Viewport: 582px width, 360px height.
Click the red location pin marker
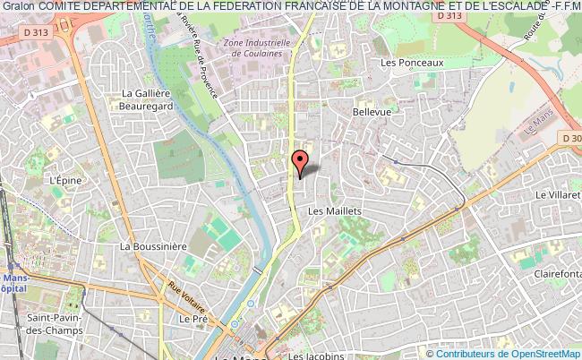(301, 161)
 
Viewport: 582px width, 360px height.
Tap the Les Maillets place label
(334, 211)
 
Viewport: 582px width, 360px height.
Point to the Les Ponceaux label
(412, 63)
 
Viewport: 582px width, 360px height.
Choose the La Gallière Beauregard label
(145, 99)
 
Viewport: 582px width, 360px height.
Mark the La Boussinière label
(153, 246)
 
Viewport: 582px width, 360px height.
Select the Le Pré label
(193, 318)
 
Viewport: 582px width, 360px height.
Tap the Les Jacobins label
(316, 356)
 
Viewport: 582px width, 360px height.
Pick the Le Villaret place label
(558, 193)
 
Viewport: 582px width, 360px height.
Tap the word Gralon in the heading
(18, 7)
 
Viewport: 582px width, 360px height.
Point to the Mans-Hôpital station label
(16, 284)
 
